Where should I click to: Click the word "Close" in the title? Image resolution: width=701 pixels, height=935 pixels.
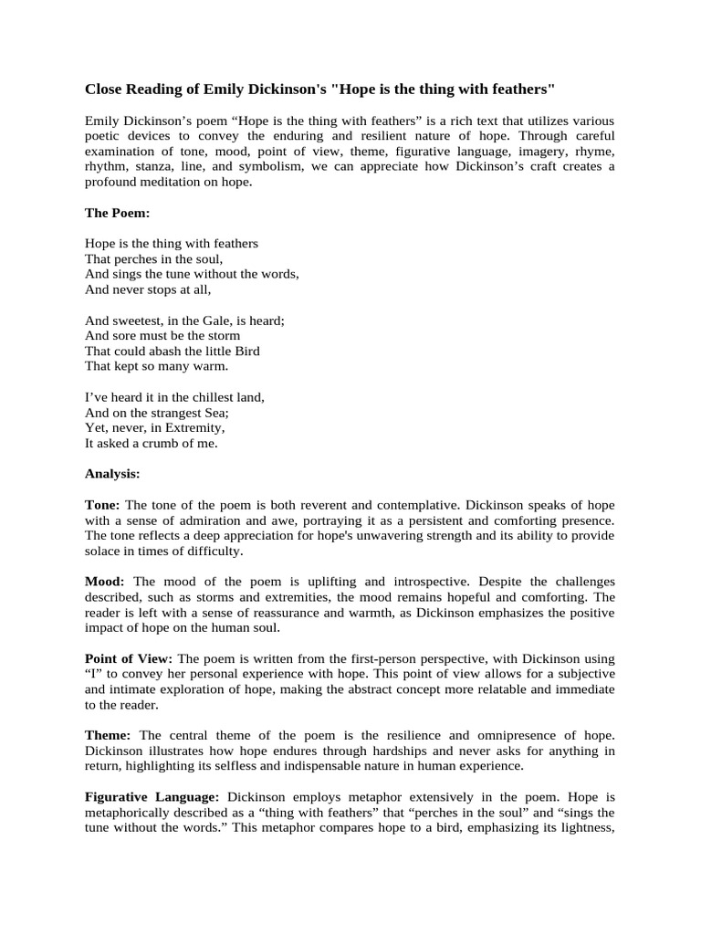click(105, 89)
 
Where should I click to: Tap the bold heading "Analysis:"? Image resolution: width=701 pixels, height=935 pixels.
click(112, 473)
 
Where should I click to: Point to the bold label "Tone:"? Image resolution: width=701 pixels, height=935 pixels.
click(102, 505)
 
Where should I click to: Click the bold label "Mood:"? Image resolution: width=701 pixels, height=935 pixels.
click(105, 581)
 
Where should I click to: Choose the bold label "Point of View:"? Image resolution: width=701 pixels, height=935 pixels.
click(130, 657)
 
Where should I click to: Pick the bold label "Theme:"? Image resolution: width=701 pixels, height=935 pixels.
click(110, 734)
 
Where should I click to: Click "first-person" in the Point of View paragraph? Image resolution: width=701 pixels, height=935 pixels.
click(358, 657)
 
